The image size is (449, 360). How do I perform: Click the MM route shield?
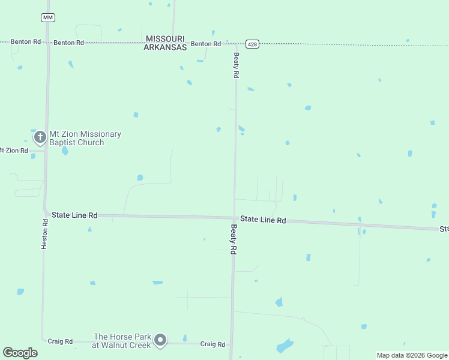(x=48, y=17)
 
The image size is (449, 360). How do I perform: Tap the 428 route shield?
(x=252, y=44)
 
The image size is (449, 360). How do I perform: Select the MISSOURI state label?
(x=166, y=38)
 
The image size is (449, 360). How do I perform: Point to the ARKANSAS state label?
(x=165, y=47)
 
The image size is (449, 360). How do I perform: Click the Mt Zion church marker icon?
(x=40, y=137)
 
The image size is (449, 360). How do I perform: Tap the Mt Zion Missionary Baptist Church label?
(x=85, y=138)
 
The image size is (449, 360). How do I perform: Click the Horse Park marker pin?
(x=160, y=340)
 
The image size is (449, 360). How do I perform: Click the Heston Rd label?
(x=44, y=234)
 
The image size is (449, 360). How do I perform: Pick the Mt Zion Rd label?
(x=14, y=150)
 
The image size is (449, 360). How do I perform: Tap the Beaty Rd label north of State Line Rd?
(x=237, y=66)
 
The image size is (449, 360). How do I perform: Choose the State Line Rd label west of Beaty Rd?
(x=74, y=215)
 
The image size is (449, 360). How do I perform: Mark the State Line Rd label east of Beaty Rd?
(x=263, y=220)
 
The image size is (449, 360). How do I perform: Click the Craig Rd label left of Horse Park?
(x=60, y=341)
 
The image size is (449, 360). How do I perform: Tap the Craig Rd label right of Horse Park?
(x=212, y=344)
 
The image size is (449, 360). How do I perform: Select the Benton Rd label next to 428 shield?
(x=206, y=44)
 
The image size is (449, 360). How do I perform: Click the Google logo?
(x=20, y=353)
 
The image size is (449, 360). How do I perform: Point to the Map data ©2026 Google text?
(x=412, y=355)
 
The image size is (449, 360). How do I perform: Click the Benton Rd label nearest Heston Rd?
(x=68, y=43)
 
